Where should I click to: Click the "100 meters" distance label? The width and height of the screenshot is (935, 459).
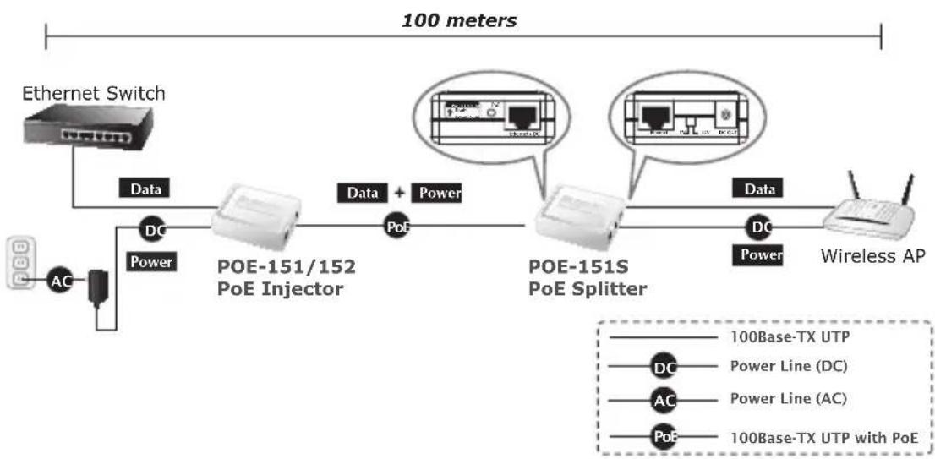(458, 20)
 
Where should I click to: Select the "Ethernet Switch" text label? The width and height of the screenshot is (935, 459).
(94, 93)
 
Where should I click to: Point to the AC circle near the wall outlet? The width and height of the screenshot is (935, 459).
(59, 282)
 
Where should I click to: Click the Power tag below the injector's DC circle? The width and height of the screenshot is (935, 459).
(151, 262)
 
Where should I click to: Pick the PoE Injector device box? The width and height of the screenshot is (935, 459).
(253, 216)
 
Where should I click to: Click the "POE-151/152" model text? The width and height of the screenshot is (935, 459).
(287, 267)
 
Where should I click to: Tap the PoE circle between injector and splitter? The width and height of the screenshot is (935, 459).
(396, 227)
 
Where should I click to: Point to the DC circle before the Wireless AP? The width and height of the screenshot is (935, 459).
(760, 227)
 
